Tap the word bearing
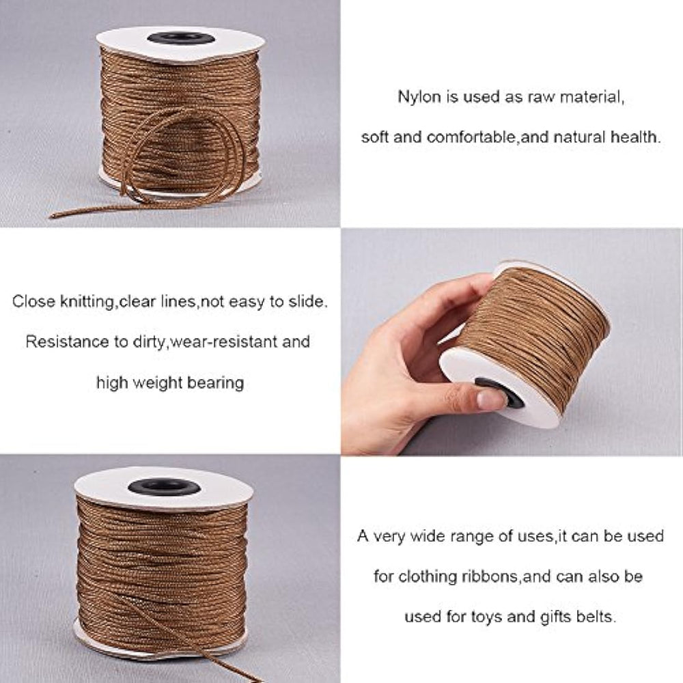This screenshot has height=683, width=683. pyautogui.click(x=215, y=383)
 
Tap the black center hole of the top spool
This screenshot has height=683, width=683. pyautogui.click(x=181, y=38)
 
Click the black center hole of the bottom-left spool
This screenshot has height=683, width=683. pyautogui.click(x=164, y=486)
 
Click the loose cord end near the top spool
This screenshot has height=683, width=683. pyautogui.click(x=53, y=214)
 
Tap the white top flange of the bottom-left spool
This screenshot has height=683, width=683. pyautogui.click(x=164, y=488)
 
